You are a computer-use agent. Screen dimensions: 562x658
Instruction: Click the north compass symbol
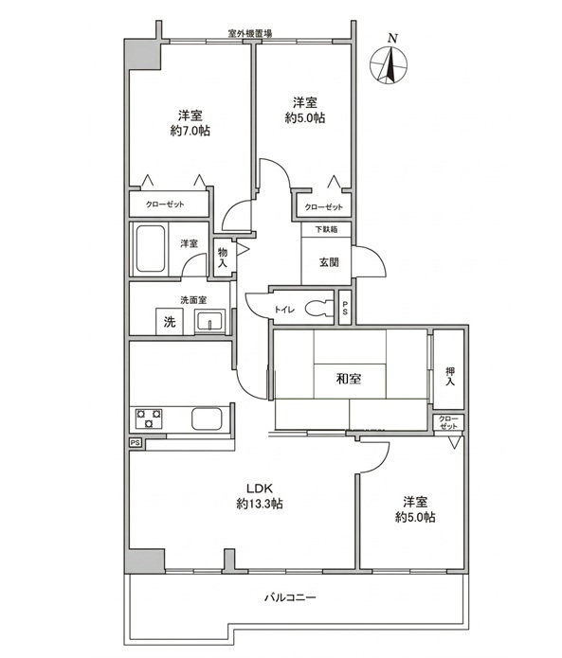pos(389,64)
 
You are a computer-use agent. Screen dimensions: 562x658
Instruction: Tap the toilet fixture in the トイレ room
pos(319,310)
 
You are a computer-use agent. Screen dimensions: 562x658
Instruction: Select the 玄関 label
pos(329,262)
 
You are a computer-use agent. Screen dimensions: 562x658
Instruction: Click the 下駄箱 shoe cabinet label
pos(326,229)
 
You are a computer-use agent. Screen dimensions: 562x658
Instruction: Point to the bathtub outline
pos(151,248)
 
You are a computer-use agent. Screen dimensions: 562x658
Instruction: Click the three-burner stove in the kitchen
pos(148,418)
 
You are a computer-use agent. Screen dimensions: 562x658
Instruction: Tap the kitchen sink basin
pos(207,418)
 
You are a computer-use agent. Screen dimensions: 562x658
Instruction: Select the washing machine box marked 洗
pos(170,322)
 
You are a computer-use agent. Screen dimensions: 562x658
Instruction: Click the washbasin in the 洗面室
pos(209,322)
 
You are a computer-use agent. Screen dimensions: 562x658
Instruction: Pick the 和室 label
pos(349,379)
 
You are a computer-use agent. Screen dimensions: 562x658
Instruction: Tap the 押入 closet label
pos(450,377)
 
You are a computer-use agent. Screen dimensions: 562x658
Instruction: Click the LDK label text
pos(260,489)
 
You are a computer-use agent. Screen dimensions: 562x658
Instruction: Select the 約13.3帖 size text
pos(260,504)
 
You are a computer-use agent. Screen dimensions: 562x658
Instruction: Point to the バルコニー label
pos(290,597)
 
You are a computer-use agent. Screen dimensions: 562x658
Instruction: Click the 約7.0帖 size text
pos(190,131)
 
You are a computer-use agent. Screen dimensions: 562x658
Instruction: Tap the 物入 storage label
pos(223,258)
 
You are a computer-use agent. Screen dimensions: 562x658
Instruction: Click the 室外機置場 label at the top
pos(250,33)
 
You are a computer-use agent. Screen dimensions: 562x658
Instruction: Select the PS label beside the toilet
pos(345,309)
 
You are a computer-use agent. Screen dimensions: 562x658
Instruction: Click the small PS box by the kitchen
pos(136,443)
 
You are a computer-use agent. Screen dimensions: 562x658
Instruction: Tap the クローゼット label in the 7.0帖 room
pos(165,205)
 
